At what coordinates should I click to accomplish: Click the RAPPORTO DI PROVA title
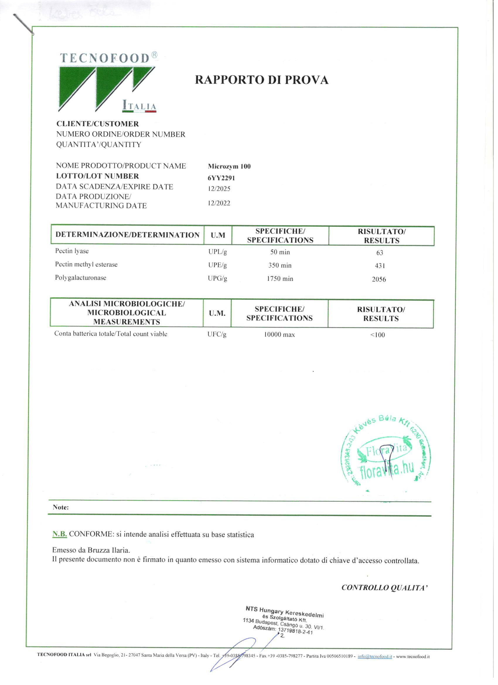tap(262, 80)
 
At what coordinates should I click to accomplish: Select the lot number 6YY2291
tap(221, 178)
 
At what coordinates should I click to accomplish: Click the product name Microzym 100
tap(229, 166)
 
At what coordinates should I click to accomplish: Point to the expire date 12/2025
tap(219, 189)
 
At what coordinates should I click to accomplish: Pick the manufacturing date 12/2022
tap(219, 203)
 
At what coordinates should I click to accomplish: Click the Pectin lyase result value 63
tap(380, 253)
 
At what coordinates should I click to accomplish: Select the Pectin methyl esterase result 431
tap(380, 266)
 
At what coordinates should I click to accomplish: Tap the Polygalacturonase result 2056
tap(379, 280)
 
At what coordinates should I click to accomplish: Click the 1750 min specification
tap(280, 278)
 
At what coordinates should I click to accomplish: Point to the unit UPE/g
tap(217, 265)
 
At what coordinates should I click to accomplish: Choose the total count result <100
tap(378, 335)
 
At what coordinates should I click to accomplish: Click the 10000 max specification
tap(279, 335)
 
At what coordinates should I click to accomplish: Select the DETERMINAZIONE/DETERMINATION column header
tap(127, 235)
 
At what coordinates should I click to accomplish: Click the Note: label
tap(61, 507)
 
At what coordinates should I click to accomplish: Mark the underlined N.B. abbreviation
tap(59, 534)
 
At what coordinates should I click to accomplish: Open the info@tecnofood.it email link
tap(375, 656)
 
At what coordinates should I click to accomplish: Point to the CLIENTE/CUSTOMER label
tap(98, 124)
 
